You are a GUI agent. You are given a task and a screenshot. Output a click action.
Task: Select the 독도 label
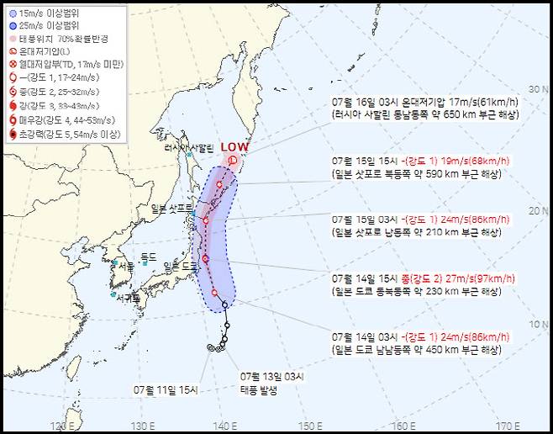click(149, 256)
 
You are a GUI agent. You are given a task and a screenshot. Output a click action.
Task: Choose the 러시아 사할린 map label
click(190, 148)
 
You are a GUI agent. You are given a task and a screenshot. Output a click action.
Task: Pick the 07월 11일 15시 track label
click(166, 390)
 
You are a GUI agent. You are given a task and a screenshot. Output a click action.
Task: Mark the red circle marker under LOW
click(232, 158)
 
